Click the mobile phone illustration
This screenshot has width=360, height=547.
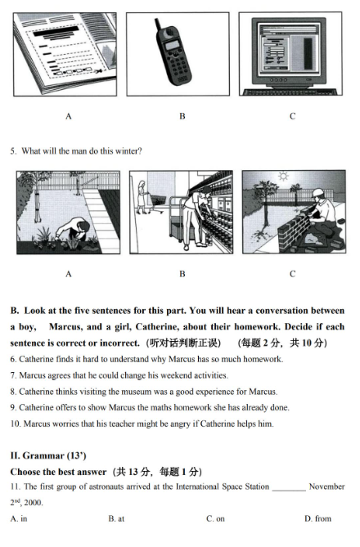click(173, 55)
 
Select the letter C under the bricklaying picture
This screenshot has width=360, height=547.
click(292, 274)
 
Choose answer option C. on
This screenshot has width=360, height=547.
click(215, 518)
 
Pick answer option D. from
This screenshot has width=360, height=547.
click(317, 518)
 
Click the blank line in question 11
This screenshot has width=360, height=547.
click(288, 487)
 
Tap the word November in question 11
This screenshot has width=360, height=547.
click(327, 486)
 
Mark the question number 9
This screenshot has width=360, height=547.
click(13, 407)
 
